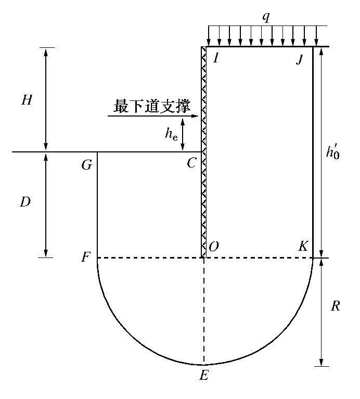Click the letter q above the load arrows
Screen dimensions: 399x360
tap(266, 17)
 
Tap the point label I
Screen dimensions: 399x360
tap(215, 57)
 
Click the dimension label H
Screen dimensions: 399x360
tap(27, 100)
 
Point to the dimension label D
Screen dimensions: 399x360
tap(25, 202)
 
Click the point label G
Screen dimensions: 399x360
tap(86, 165)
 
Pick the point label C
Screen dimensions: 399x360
tap(191, 163)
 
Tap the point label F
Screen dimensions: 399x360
tap(86, 258)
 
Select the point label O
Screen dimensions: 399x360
tap(213, 247)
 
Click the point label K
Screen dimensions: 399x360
tap(303, 247)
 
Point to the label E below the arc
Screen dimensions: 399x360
tap(204, 375)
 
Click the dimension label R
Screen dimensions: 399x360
tap(335, 306)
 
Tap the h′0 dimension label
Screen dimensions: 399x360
tap(333, 152)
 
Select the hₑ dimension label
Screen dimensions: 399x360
tap(171, 134)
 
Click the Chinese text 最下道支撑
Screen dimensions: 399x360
tap(151, 107)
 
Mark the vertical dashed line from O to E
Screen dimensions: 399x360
tap(204, 312)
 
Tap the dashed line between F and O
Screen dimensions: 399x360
tap(151, 258)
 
